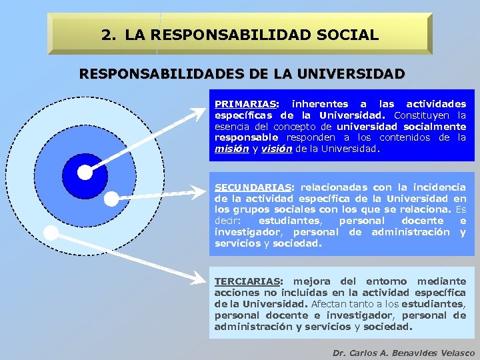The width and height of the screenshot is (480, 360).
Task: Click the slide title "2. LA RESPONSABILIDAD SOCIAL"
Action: [240, 35]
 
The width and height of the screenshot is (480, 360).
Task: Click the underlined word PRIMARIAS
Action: [244, 104]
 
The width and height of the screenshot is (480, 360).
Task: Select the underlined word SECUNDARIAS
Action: [252, 187]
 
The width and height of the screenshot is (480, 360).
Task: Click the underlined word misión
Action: [231, 149]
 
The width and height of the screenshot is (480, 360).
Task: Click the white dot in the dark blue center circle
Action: [85, 173]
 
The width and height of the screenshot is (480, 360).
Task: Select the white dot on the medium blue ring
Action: [111, 198]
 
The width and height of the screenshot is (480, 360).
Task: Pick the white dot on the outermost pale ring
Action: [50, 233]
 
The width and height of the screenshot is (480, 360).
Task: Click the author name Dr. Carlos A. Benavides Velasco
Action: [403, 353]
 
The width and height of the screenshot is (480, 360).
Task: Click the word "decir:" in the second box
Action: [227, 221]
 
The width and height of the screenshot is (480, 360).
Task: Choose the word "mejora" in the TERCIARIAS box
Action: [311, 281]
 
